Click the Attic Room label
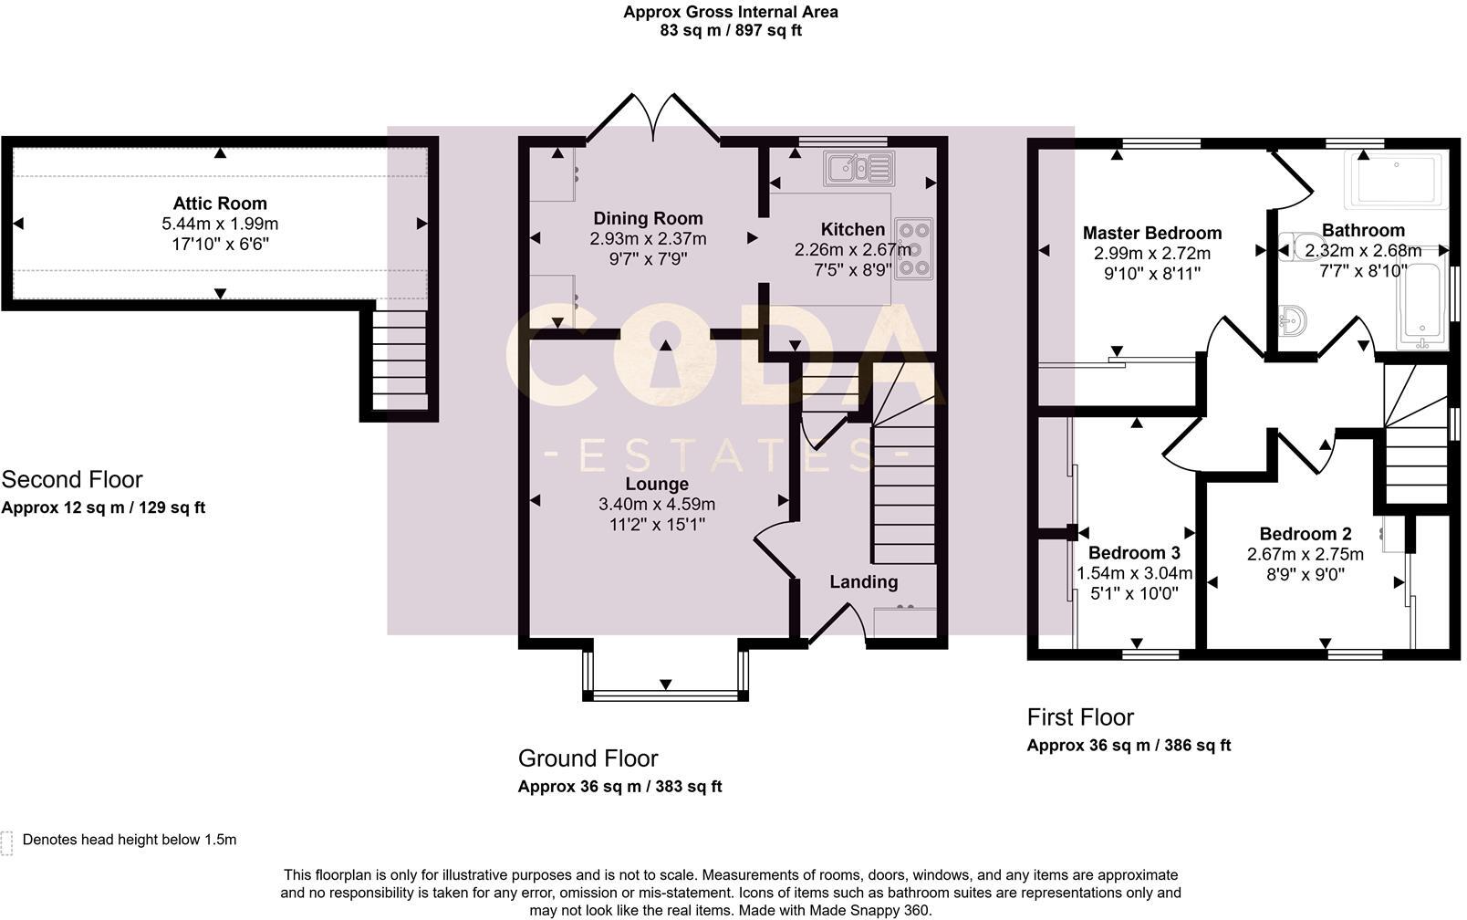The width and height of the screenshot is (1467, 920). point(220,204)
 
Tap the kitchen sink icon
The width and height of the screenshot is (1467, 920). point(858,169)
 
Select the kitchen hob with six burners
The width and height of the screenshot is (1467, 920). point(914,249)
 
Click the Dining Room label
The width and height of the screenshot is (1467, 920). point(648,218)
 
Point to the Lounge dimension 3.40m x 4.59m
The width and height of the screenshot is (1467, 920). point(657,504)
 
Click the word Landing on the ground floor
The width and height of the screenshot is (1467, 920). point(864,582)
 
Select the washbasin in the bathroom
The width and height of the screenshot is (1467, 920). point(1292,321)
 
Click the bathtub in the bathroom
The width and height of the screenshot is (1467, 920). point(1421,305)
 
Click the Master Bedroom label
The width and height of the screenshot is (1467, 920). point(1152,233)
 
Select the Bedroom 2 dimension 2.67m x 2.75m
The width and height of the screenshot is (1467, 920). point(1306,554)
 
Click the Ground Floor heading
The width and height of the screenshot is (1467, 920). point(588,758)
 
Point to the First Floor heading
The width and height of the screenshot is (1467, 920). point(1080,716)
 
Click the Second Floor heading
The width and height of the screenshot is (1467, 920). point(72,479)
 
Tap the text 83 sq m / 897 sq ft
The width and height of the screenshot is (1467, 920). point(730,30)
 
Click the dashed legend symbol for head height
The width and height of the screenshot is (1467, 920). point(6,843)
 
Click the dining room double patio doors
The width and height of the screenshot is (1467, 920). point(653,117)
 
